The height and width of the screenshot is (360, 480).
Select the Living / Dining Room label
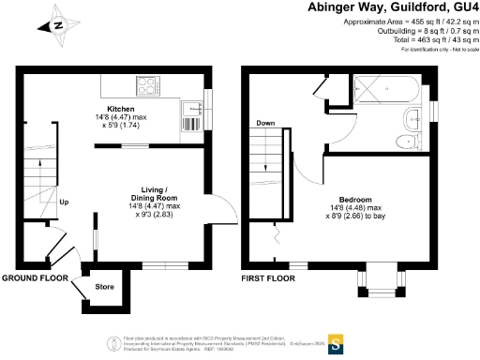click(x=153, y=193)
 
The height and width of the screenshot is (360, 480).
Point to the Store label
click(x=104, y=287)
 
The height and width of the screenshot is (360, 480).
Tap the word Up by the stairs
click(x=64, y=202)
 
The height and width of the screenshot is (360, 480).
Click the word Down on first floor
click(x=264, y=123)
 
